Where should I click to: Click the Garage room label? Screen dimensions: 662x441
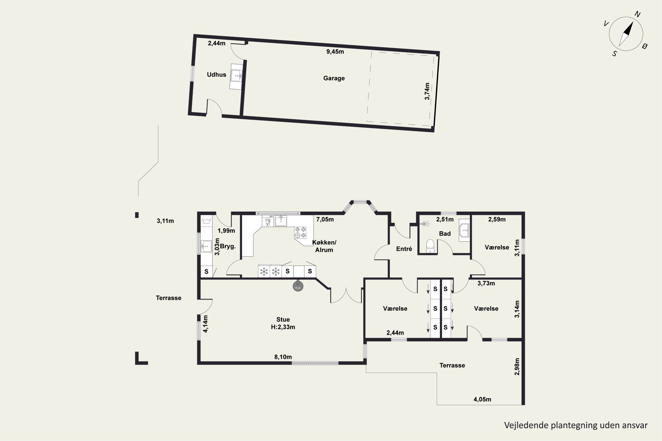pyautogui.click(x=334, y=78)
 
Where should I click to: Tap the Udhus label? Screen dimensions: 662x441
pyautogui.click(x=216, y=75)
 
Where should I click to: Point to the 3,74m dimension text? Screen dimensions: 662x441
pyautogui.click(x=427, y=91)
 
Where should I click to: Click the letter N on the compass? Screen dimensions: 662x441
pyautogui.click(x=638, y=14)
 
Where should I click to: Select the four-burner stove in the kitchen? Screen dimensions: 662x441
pyautogui.click(x=300, y=232)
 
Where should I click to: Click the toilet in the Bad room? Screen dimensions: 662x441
pyautogui.click(x=430, y=246)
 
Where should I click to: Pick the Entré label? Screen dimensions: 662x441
pyautogui.click(x=404, y=249)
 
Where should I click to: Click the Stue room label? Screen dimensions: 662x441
pyautogui.click(x=283, y=320)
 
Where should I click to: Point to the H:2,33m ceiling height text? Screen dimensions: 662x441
pyautogui.click(x=283, y=327)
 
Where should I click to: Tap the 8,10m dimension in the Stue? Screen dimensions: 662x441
pyautogui.click(x=283, y=357)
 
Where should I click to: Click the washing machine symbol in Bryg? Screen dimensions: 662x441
pyautogui.click(x=207, y=220)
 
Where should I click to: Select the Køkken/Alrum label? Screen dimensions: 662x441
pyautogui.click(x=324, y=246)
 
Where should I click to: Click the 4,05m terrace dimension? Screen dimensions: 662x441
pyautogui.click(x=482, y=399)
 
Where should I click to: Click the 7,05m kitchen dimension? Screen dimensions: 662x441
pyautogui.click(x=325, y=219)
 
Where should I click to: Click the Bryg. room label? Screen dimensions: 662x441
pyautogui.click(x=228, y=246)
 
